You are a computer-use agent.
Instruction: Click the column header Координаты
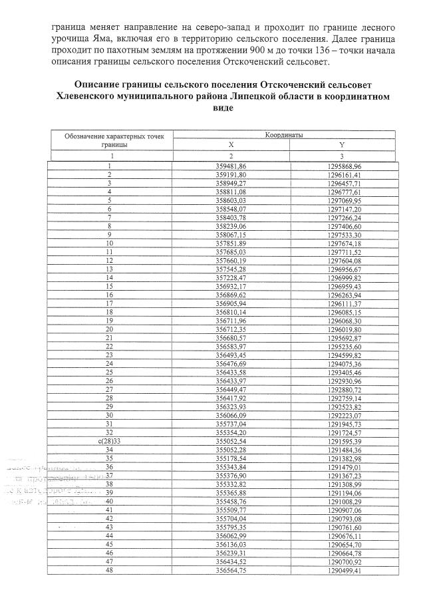[284, 134]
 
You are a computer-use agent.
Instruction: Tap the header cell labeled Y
[341, 144]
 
